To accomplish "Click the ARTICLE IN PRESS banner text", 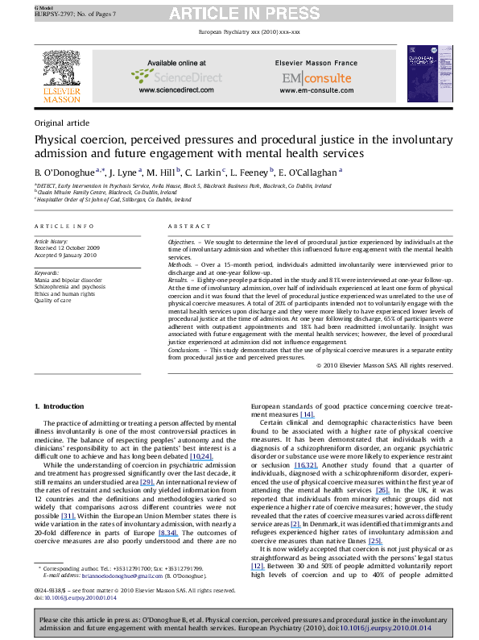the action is [239, 11].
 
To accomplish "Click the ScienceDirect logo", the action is [194, 78].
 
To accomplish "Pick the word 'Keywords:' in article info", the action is [47, 273].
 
